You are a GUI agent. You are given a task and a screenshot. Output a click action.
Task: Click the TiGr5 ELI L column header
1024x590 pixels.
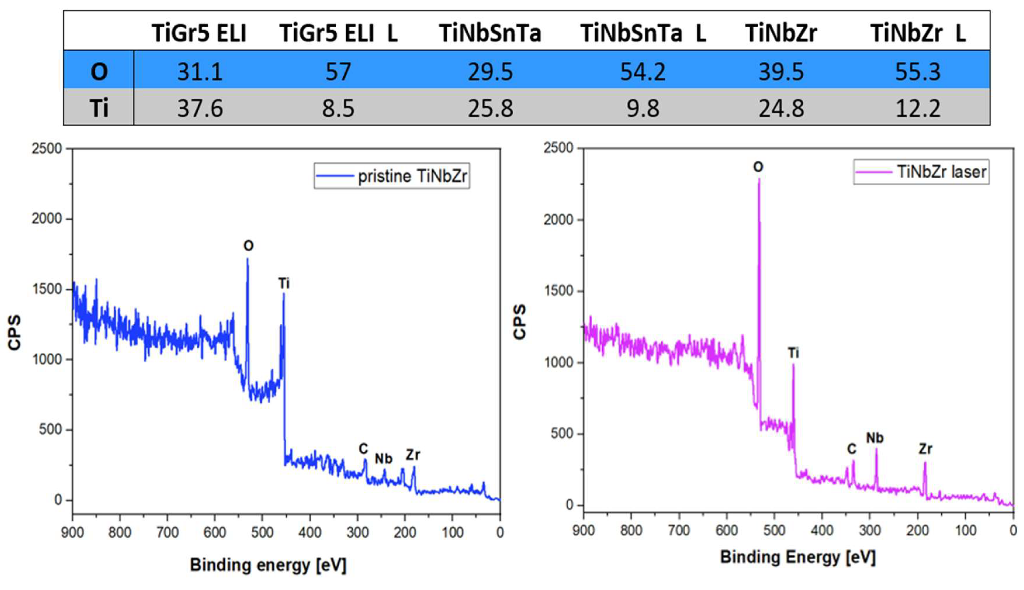click(338, 33)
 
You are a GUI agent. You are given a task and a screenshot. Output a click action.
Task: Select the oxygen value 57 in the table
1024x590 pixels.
click(338, 72)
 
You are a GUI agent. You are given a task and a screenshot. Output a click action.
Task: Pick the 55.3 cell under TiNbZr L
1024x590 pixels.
click(917, 72)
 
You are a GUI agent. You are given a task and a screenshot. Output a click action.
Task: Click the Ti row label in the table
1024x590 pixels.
click(99, 108)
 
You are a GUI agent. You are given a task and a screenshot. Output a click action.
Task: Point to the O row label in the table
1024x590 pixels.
click(99, 72)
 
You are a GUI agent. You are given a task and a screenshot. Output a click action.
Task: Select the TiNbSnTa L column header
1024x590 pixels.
click(643, 33)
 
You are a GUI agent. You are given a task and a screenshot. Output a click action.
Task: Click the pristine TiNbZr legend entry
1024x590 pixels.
click(392, 176)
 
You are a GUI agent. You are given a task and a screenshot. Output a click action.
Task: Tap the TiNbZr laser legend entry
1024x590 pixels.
click(921, 172)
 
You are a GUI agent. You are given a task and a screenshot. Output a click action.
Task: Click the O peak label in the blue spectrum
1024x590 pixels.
click(248, 245)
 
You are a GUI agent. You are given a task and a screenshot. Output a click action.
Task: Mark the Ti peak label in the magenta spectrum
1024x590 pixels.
click(793, 353)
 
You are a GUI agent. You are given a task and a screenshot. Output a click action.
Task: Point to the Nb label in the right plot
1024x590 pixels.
click(875, 438)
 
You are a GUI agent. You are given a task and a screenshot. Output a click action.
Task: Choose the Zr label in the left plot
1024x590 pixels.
click(413, 455)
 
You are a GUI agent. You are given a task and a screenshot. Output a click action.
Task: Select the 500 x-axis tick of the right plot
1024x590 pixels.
click(774, 530)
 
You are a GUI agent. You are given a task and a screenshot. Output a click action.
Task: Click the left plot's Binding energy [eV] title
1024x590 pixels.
click(268, 565)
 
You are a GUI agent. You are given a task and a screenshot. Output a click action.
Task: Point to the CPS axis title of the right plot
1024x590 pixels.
click(520, 322)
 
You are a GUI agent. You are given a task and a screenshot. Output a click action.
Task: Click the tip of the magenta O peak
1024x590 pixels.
click(759, 179)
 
